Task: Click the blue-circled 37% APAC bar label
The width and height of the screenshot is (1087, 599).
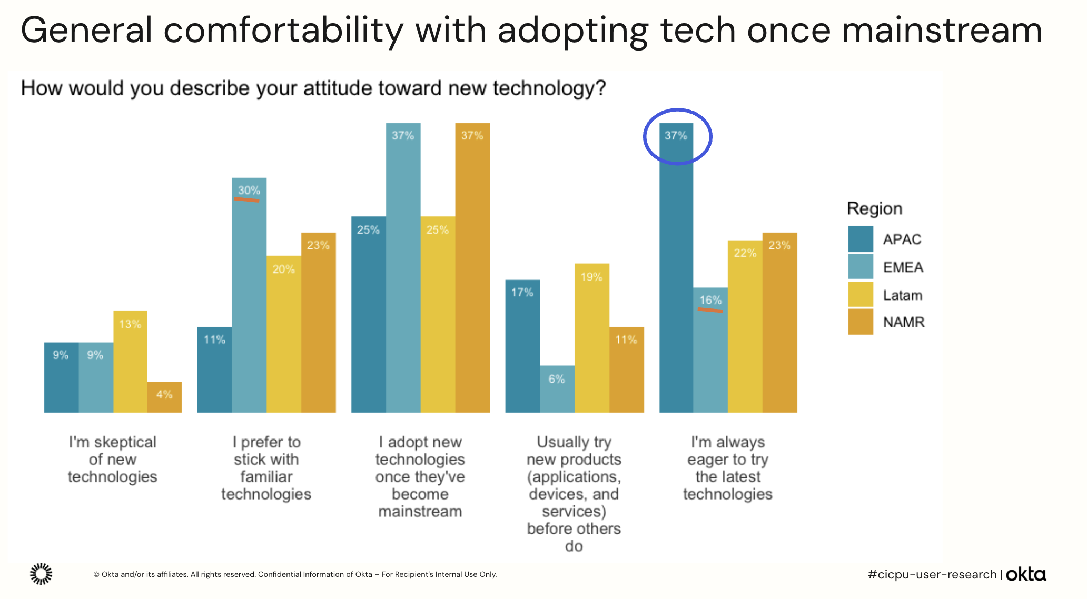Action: tap(676, 136)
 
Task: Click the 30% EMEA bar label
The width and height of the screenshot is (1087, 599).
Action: tap(249, 191)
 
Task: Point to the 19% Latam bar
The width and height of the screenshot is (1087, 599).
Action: tap(591, 337)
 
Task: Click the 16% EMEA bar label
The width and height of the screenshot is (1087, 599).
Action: tap(710, 301)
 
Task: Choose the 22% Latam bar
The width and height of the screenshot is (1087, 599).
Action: tap(745, 326)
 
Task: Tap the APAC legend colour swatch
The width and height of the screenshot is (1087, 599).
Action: tap(861, 239)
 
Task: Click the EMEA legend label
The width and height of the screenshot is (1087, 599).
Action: tap(903, 267)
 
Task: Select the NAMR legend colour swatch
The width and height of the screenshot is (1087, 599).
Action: tap(861, 322)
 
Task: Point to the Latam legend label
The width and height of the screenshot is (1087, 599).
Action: tap(902, 295)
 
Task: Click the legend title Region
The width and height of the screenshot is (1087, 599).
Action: tap(874, 209)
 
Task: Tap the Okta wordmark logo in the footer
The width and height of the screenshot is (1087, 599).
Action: tap(1025, 574)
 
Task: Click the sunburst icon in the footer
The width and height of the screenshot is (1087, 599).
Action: tap(41, 574)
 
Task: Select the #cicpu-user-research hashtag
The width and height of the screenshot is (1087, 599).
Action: tap(932, 574)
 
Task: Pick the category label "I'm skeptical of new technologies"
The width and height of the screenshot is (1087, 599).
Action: tap(113, 459)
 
